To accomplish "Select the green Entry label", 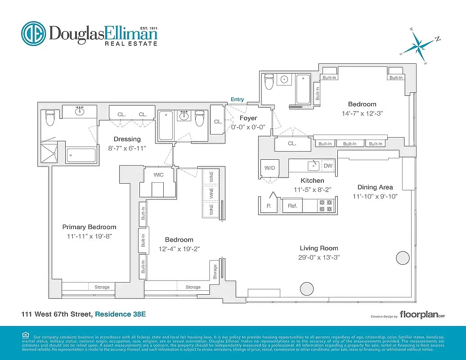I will tap(237, 99).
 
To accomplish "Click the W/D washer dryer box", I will tap(269, 168).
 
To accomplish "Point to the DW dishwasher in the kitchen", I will tap(329, 166).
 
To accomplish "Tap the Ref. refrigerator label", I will tap(292, 206).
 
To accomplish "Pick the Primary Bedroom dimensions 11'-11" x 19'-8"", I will tap(89, 235).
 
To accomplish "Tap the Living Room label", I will tap(319, 248).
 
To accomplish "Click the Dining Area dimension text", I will tap(375, 196).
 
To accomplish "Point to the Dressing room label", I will tap(127, 139).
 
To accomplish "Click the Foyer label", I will tap(248, 118).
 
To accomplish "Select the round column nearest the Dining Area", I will tap(403, 257).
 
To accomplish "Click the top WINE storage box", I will tap(211, 178).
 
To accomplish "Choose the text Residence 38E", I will tap(120, 315).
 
